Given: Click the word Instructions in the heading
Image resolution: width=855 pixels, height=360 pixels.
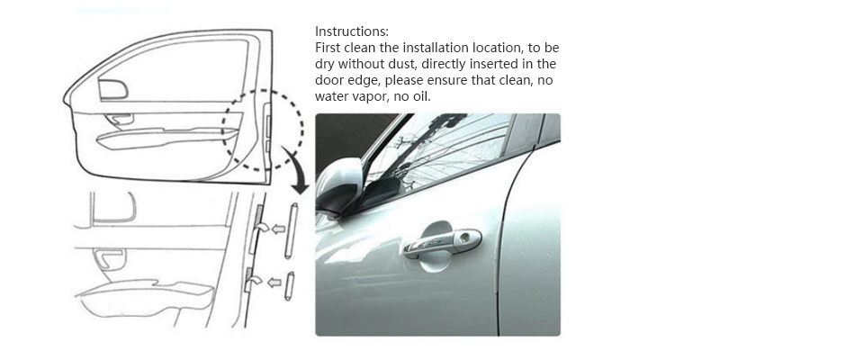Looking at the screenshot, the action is tap(352, 31).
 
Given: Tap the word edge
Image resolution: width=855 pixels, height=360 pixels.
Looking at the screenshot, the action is tap(356, 81).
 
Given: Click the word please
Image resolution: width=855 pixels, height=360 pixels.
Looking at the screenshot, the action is tap(393, 81).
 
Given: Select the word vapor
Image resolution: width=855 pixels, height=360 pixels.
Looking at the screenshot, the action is tap(367, 97).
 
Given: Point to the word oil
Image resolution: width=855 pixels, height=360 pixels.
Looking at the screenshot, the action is tap(422, 96).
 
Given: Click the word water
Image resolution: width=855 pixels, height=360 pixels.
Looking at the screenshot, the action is tap(331, 97).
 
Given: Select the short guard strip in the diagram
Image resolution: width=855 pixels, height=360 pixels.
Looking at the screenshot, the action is tap(290, 286).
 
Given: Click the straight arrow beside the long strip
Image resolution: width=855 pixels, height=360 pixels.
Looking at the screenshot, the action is tap(279, 229).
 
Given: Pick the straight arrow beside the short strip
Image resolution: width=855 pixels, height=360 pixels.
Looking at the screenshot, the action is tap(274, 282).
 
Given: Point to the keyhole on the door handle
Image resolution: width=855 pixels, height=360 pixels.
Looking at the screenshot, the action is tap(464, 238).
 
